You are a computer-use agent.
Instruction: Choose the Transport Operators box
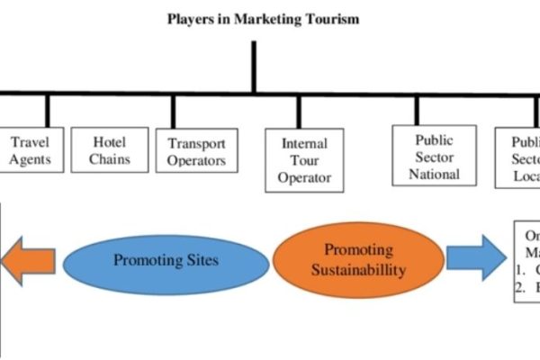(196, 152)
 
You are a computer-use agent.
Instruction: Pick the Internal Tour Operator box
(304, 160)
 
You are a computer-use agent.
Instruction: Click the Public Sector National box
(434, 157)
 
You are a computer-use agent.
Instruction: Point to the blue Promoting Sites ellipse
(167, 261)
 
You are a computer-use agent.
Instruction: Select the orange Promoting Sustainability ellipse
(346, 259)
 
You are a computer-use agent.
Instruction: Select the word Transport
(196, 144)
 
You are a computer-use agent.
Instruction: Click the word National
(434, 174)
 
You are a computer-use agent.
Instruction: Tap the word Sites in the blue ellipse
(203, 261)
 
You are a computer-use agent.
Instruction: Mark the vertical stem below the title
(256, 67)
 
